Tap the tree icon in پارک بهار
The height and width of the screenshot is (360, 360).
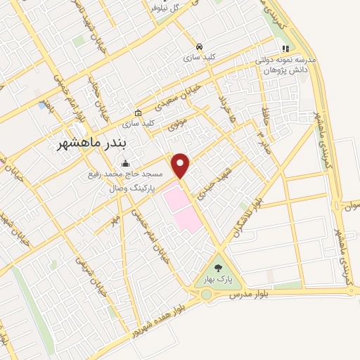pyautogui.click(x=218, y=267)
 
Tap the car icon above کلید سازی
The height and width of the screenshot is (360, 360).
pyautogui.click(x=201, y=44)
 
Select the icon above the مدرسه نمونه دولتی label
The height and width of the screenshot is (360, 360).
pyautogui.click(x=285, y=49)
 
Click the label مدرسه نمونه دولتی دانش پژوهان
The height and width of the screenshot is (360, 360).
pyautogui.click(x=288, y=65)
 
